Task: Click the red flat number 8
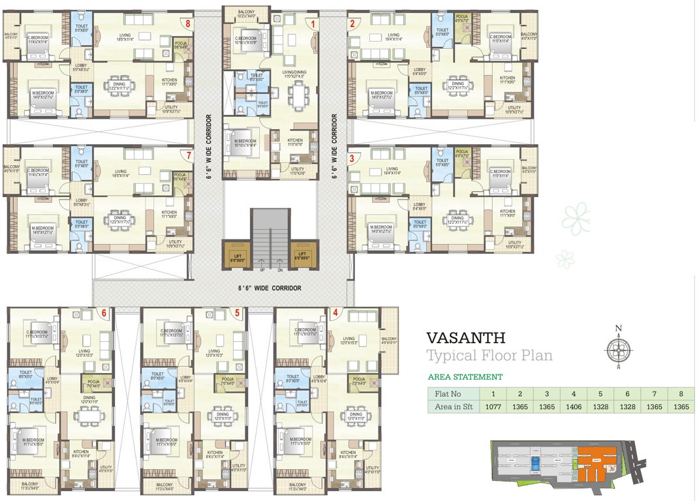188,24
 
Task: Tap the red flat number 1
314,24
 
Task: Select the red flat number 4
335,312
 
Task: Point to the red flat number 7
189,155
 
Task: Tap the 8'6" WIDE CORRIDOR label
268,288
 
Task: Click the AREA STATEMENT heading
465,377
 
